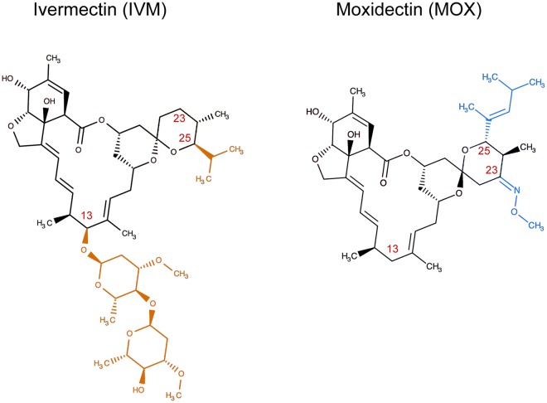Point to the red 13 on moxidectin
point(395,224)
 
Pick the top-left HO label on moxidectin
point(314,112)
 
